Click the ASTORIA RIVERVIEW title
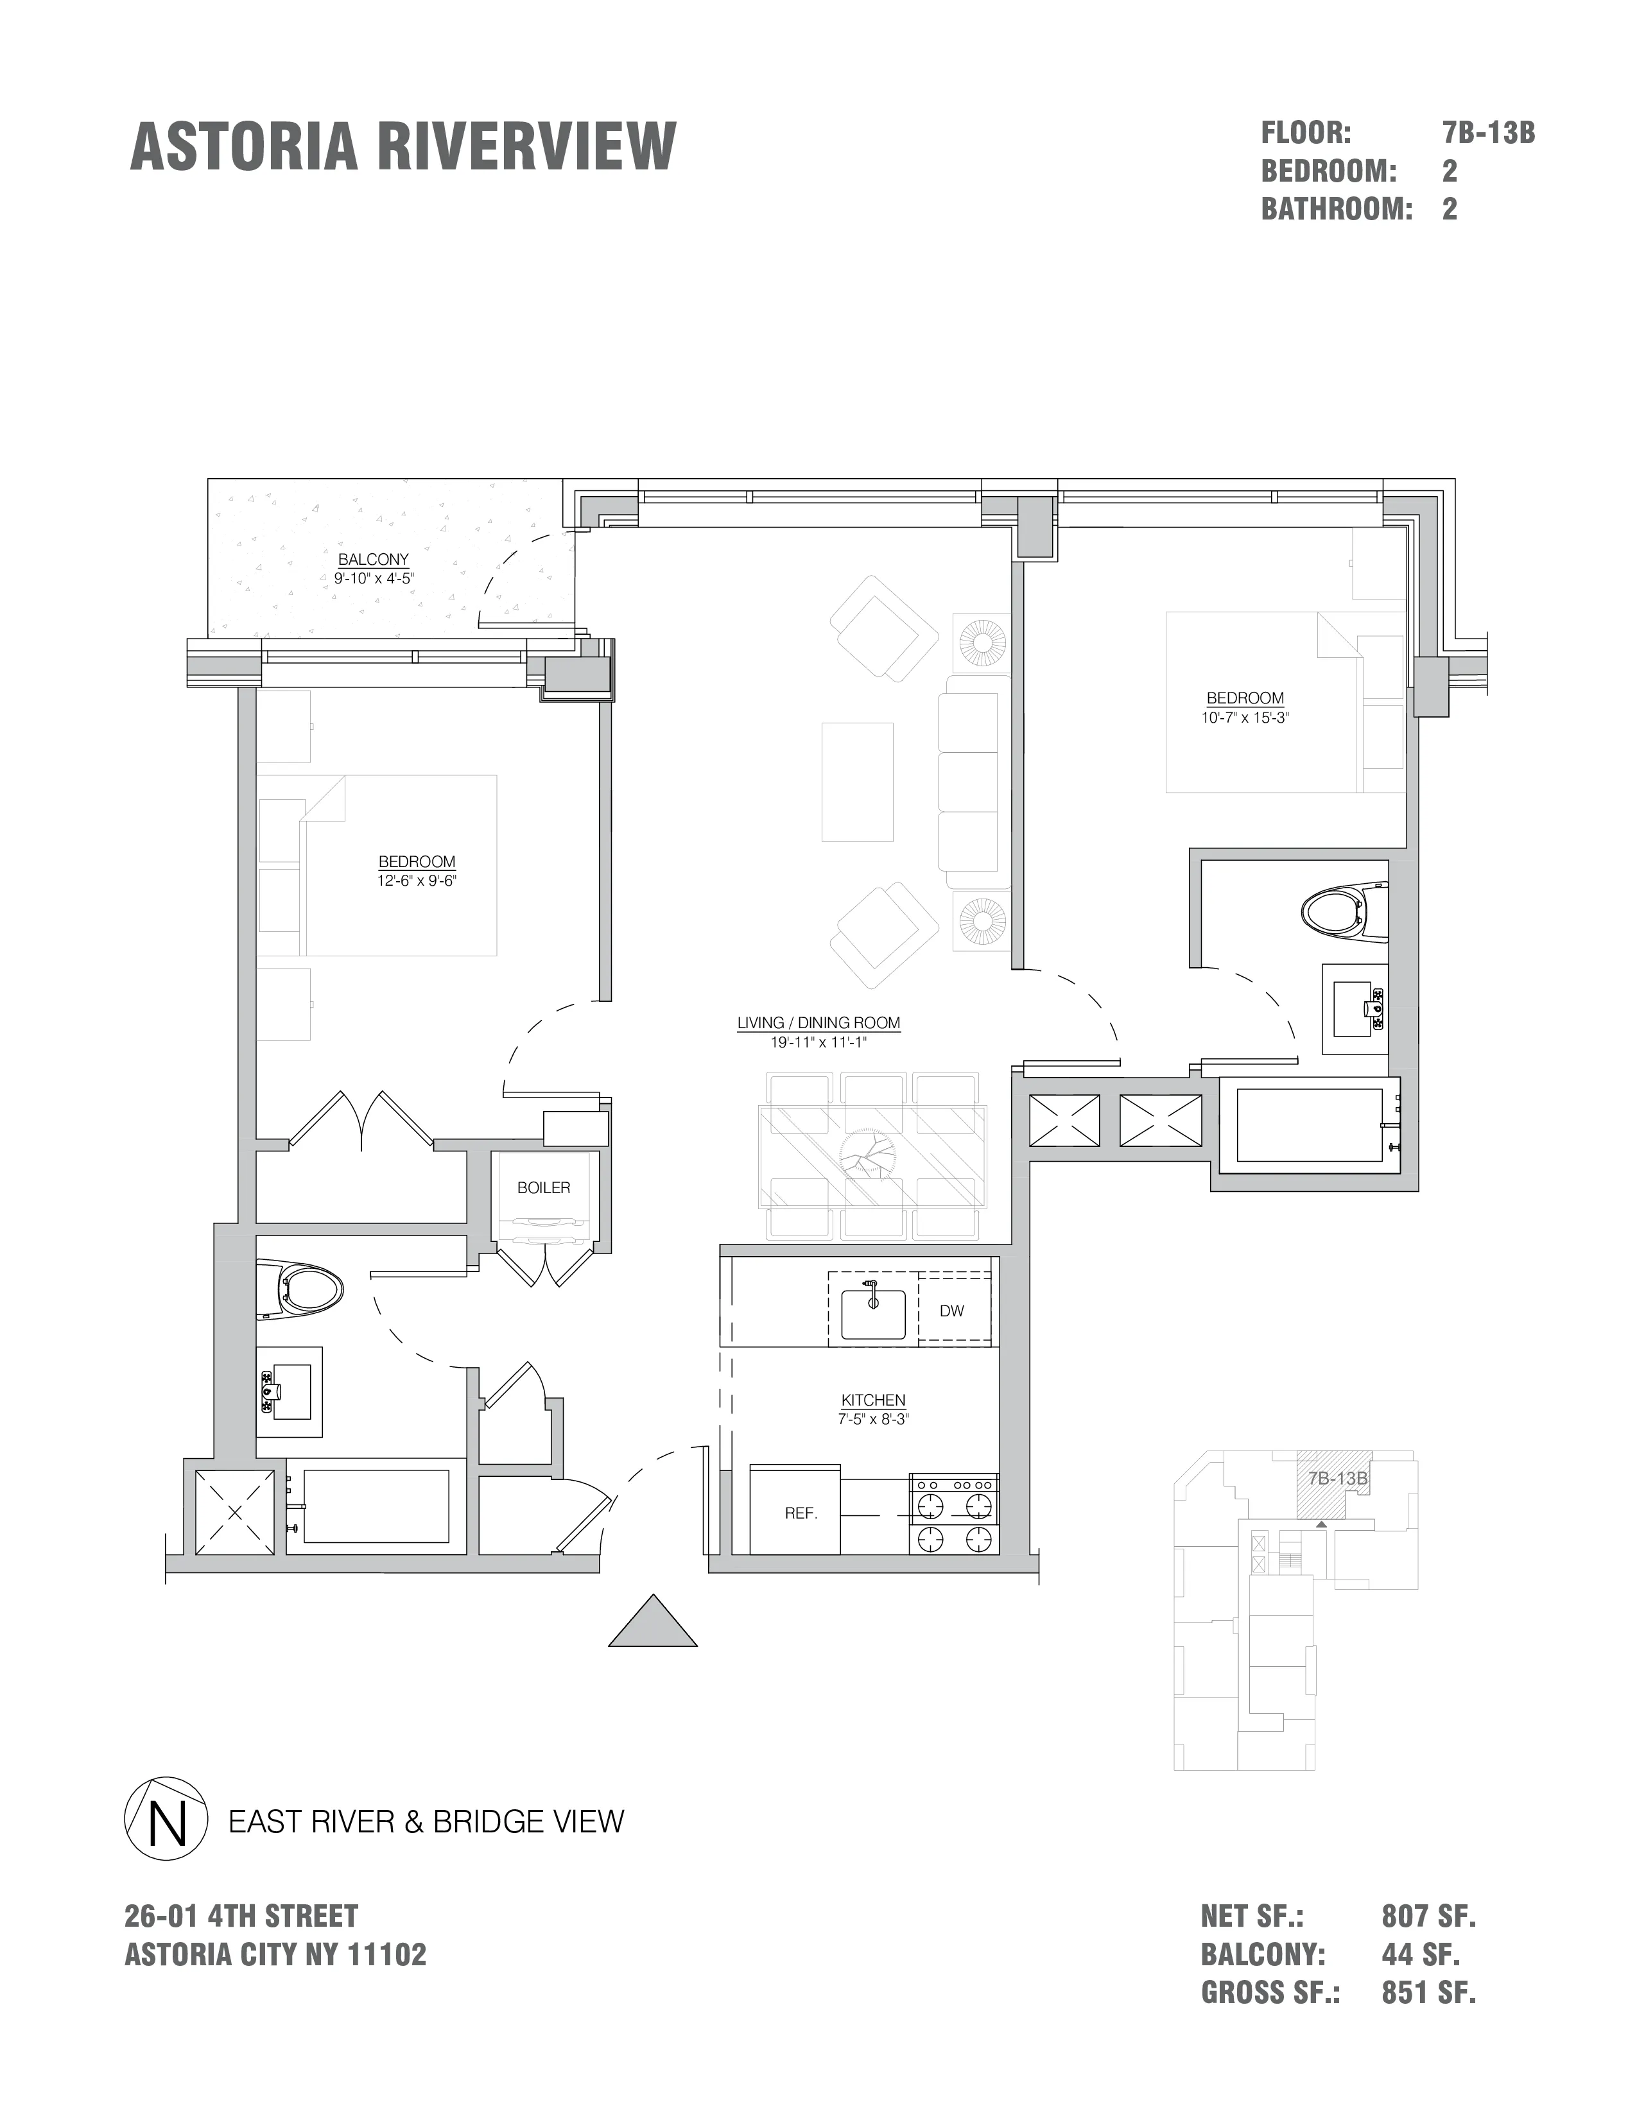(403, 148)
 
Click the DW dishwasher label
(951, 1311)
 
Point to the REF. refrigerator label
(801, 1513)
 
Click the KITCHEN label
(873, 1400)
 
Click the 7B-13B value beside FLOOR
(1487, 133)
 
